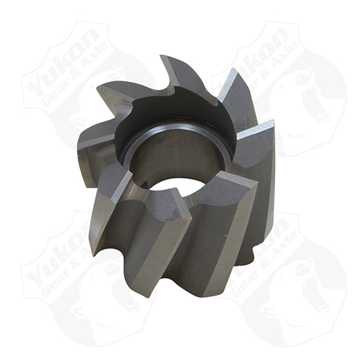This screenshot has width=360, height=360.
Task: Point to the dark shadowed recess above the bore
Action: pos(174,109)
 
